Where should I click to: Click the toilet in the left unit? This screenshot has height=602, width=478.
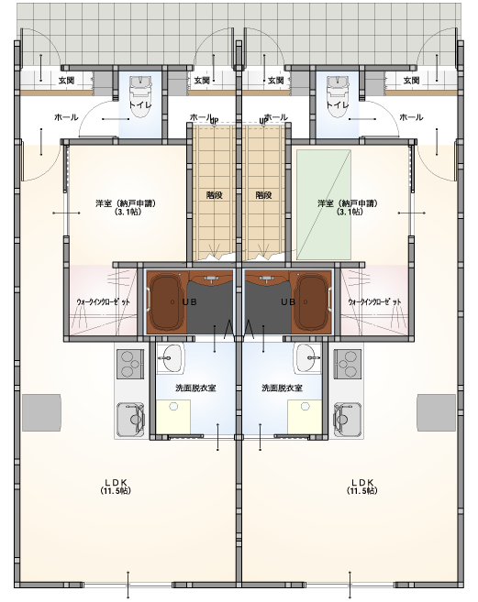(140, 96)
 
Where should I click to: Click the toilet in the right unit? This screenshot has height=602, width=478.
(338, 96)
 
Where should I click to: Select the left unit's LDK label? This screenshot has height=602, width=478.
(116, 486)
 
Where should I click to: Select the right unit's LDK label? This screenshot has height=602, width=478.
(361, 486)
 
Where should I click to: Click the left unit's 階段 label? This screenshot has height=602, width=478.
(214, 195)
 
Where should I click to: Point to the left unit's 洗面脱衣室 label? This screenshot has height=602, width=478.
(195, 389)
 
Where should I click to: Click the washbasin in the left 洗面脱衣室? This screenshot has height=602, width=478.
(169, 358)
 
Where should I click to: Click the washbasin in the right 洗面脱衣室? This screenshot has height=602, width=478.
(308, 358)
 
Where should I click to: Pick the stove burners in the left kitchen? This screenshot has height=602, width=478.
(130, 364)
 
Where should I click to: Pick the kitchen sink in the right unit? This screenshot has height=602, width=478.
(347, 419)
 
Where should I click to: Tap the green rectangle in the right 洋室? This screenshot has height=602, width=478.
(324, 205)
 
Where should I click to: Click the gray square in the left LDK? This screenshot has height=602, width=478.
(41, 412)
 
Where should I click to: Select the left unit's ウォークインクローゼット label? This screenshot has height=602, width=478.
(103, 301)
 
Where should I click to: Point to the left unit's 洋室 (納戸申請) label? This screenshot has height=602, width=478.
(126, 207)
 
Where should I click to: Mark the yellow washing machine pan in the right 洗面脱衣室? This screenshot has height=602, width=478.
(305, 417)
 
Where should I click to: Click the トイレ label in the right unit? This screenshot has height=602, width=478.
(338, 104)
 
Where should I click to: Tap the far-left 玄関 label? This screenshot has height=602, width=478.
(66, 81)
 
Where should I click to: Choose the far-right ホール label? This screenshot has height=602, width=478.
(411, 117)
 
